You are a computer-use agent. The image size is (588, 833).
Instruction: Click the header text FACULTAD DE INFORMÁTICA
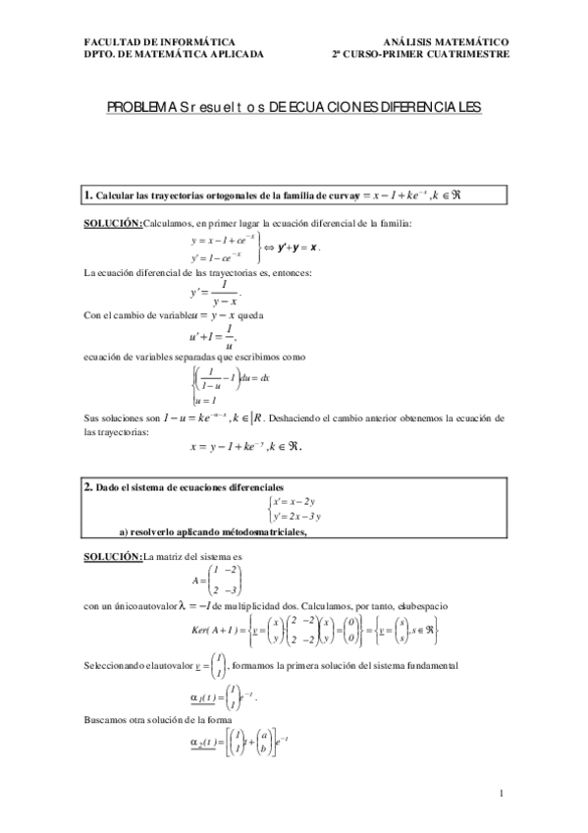pos(160,42)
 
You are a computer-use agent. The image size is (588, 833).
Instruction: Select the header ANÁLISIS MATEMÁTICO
pos(445,42)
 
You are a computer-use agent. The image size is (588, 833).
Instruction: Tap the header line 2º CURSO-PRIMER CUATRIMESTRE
pos(421,55)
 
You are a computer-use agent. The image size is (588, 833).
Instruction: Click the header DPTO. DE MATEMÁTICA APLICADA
pos(175,55)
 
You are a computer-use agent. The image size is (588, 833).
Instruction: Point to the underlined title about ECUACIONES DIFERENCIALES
pos(294,109)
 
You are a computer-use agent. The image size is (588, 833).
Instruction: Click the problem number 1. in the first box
pos(88,194)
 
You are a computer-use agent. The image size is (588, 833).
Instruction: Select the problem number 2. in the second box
pos(88,486)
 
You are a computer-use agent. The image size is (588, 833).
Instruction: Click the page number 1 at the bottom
pos(501,794)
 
